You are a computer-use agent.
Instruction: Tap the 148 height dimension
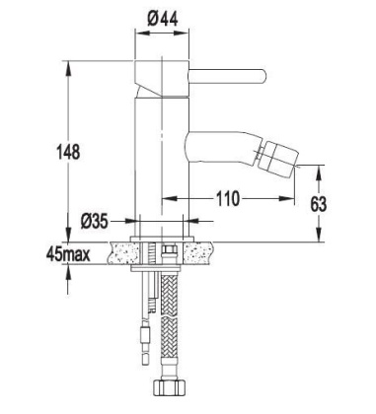(x=66, y=152)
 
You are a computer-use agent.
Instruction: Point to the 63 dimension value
(x=343, y=204)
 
